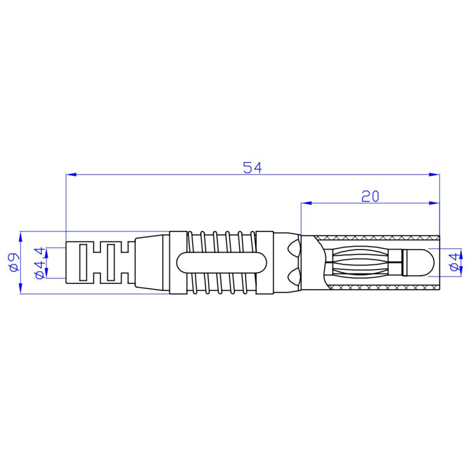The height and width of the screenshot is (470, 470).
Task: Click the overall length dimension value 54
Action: pyautogui.click(x=252, y=167)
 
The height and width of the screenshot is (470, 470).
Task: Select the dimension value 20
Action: pyautogui.click(x=370, y=196)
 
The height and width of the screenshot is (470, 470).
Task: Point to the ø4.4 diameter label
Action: pyautogui.click(x=39, y=262)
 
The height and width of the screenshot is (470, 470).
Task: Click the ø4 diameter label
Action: pyautogui.click(x=453, y=262)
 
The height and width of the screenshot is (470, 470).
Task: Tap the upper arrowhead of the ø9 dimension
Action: pyautogui.click(x=21, y=236)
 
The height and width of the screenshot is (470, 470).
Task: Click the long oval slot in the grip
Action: pyautogui.click(x=220, y=262)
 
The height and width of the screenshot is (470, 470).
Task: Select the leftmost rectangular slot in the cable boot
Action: pyautogui.click(x=84, y=262)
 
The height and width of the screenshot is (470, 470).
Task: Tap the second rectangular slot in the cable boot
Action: pyautogui.click(x=110, y=262)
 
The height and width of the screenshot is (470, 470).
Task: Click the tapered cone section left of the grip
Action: pyautogui.click(x=152, y=262)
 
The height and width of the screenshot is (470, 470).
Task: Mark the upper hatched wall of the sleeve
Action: pyautogui.click(x=376, y=237)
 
